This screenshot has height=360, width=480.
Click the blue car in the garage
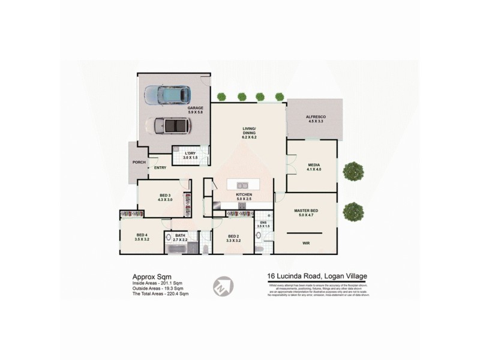point(169,95)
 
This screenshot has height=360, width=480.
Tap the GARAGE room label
point(195,109)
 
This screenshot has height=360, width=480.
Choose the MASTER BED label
point(306,211)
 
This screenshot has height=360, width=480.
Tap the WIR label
point(306,243)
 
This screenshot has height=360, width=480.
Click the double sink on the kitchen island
point(243,185)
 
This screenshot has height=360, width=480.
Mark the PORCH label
point(139,163)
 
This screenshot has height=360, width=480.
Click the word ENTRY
point(160,168)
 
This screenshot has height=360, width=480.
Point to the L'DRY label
point(190,154)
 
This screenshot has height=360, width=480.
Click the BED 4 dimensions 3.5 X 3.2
point(142,240)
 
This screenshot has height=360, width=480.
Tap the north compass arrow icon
point(222,285)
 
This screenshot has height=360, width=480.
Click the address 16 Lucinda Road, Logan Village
point(317,277)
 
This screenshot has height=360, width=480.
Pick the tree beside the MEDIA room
point(353,172)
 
